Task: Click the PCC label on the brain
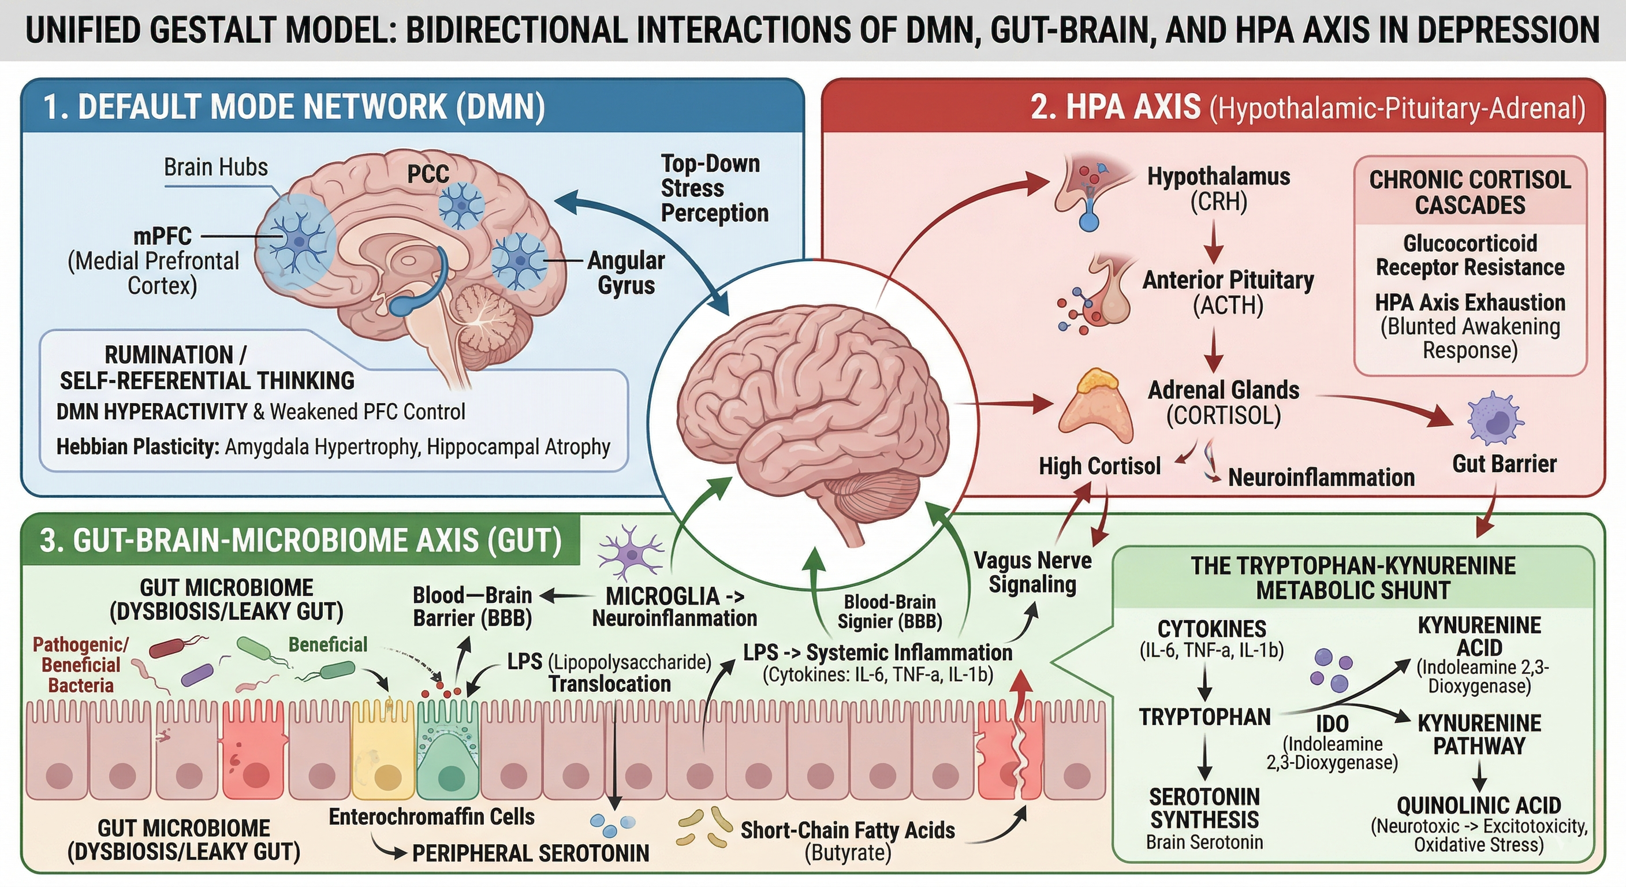(428, 174)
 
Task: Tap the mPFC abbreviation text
(162, 236)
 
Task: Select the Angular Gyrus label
(625, 273)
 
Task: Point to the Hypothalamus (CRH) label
(1218, 189)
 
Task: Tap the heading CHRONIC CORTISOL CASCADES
(1470, 192)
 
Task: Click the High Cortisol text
(1099, 466)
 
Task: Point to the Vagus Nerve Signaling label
(1032, 572)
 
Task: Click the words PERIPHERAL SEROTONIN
(530, 854)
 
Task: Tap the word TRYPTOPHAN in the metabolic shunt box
(1204, 717)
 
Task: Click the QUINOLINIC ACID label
(1478, 806)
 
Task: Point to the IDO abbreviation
(1332, 724)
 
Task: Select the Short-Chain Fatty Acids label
(847, 830)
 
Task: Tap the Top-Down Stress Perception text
(713, 188)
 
